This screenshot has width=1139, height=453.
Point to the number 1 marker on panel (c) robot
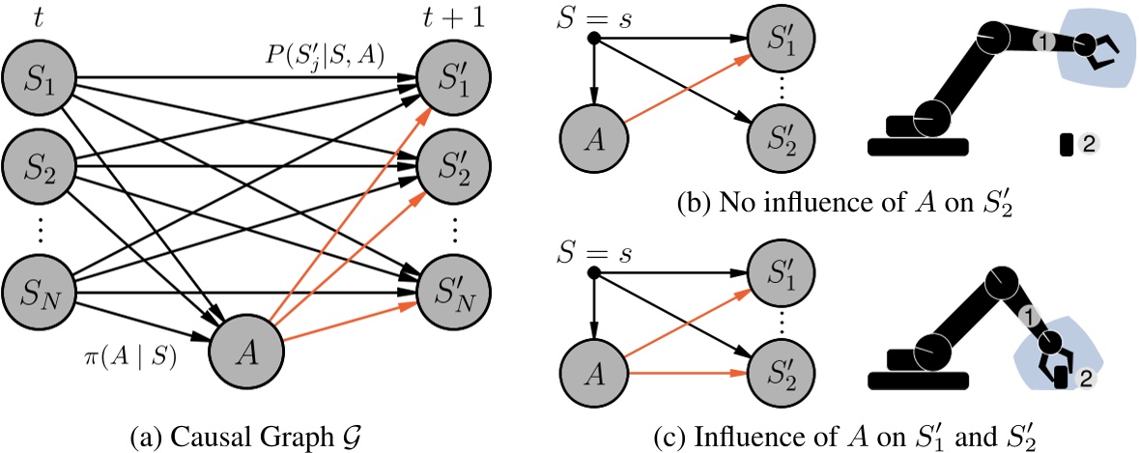[1031, 314]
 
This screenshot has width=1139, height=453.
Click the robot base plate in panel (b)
[918, 147]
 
